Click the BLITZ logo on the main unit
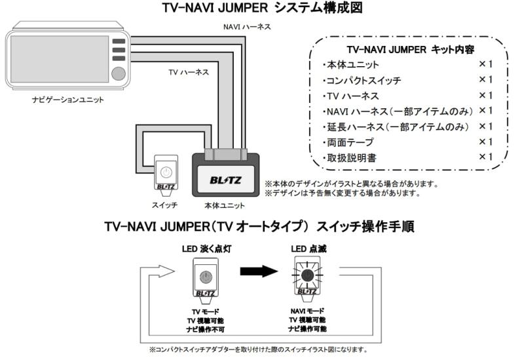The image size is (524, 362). point(225,178)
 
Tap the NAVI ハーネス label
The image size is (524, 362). point(246,27)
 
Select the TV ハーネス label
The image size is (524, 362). point(189,72)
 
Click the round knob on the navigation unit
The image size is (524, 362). point(118,72)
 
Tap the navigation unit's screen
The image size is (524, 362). point(59,59)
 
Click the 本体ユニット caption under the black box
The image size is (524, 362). point(225,205)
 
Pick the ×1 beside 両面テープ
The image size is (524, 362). point(485,142)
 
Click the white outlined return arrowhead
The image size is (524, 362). point(166,270)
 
